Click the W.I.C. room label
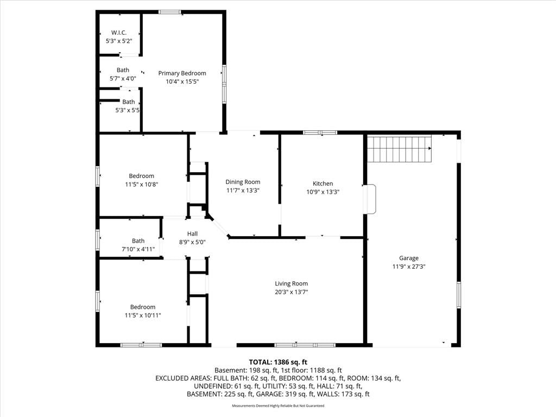coord(119,33)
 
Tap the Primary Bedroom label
coord(182,73)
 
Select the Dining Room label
coord(243,182)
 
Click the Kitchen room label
coord(323,184)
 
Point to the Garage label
coord(409,258)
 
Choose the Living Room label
coord(291,283)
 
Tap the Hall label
coord(192,233)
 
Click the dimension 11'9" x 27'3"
coord(409,267)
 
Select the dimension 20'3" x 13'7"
coord(291,292)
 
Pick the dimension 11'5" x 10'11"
coord(143,315)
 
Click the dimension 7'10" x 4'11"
coord(138,249)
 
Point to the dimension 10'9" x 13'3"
coord(323,192)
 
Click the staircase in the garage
coord(399,148)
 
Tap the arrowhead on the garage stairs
coord(430,148)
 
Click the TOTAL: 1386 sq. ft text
coord(278,362)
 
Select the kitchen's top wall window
coord(320,132)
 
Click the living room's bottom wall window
coord(305,345)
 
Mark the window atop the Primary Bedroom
coord(170,12)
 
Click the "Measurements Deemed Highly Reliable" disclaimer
coord(278,406)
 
